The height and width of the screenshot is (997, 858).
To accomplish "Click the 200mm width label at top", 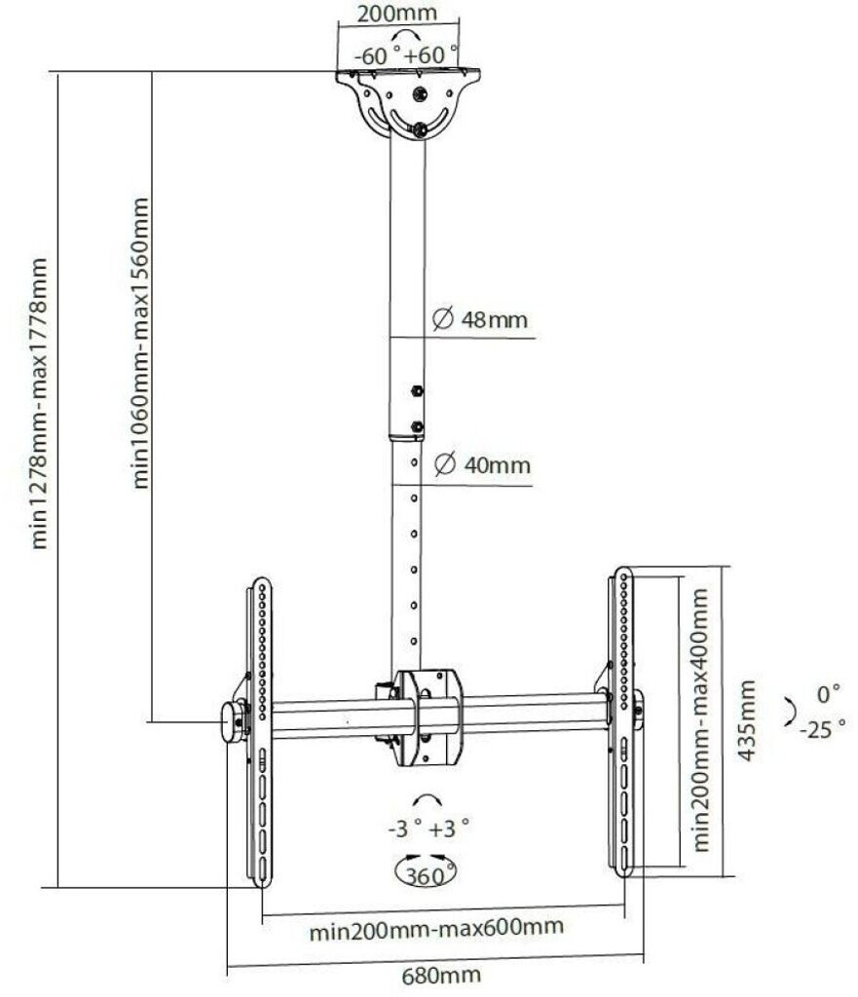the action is pos(396,14).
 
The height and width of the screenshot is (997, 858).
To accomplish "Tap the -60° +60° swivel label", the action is pos(406,55).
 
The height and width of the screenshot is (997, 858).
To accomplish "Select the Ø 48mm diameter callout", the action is pos(478,318).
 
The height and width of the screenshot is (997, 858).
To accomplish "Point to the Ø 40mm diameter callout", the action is pos(478,465).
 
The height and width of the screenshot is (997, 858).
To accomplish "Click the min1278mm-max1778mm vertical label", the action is pos(40,403).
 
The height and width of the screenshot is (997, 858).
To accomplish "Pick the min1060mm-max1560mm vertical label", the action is pos(142,342).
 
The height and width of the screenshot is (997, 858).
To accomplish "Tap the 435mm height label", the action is pos(747,720).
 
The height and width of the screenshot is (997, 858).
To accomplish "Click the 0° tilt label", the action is pos(829,694).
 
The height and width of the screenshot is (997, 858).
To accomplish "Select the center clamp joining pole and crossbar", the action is pos(427,716).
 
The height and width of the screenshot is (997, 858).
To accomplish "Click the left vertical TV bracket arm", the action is pos(261,730).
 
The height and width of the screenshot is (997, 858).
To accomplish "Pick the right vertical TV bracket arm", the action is pos(620,720).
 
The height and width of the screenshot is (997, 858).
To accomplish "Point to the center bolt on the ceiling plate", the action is pos(420,94).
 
